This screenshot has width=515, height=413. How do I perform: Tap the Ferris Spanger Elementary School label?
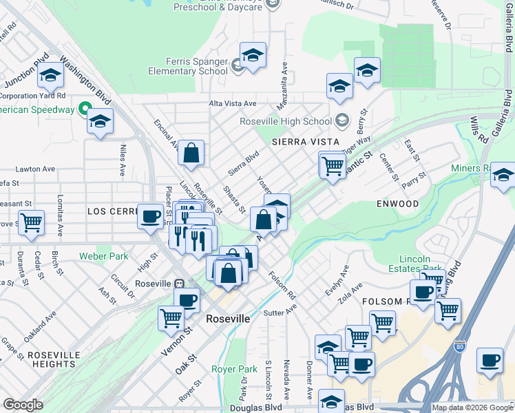[x=188, y=66]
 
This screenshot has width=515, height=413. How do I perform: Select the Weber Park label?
[x=104, y=256]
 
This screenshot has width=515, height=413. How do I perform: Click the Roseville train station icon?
[x=179, y=284]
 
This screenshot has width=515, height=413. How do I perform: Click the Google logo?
[x=23, y=405]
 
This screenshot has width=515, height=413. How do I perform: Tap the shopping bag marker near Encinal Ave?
[x=191, y=153]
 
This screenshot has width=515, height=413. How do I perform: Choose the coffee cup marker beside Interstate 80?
[x=490, y=361]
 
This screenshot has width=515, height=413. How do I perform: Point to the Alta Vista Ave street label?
[x=233, y=103]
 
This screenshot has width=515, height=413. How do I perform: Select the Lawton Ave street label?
[x=35, y=169]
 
